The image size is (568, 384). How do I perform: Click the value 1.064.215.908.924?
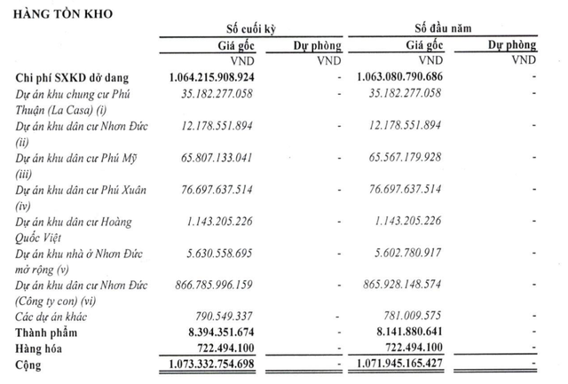pyautogui.click(x=228, y=78)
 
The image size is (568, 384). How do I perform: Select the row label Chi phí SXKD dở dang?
pyautogui.click(x=79, y=78)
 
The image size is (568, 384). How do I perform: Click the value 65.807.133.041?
pyautogui.click(x=233, y=160)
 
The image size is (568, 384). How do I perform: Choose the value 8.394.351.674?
pyautogui.click(x=234, y=332)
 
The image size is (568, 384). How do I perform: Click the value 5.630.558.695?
pyautogui.click(x=237, y=254)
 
